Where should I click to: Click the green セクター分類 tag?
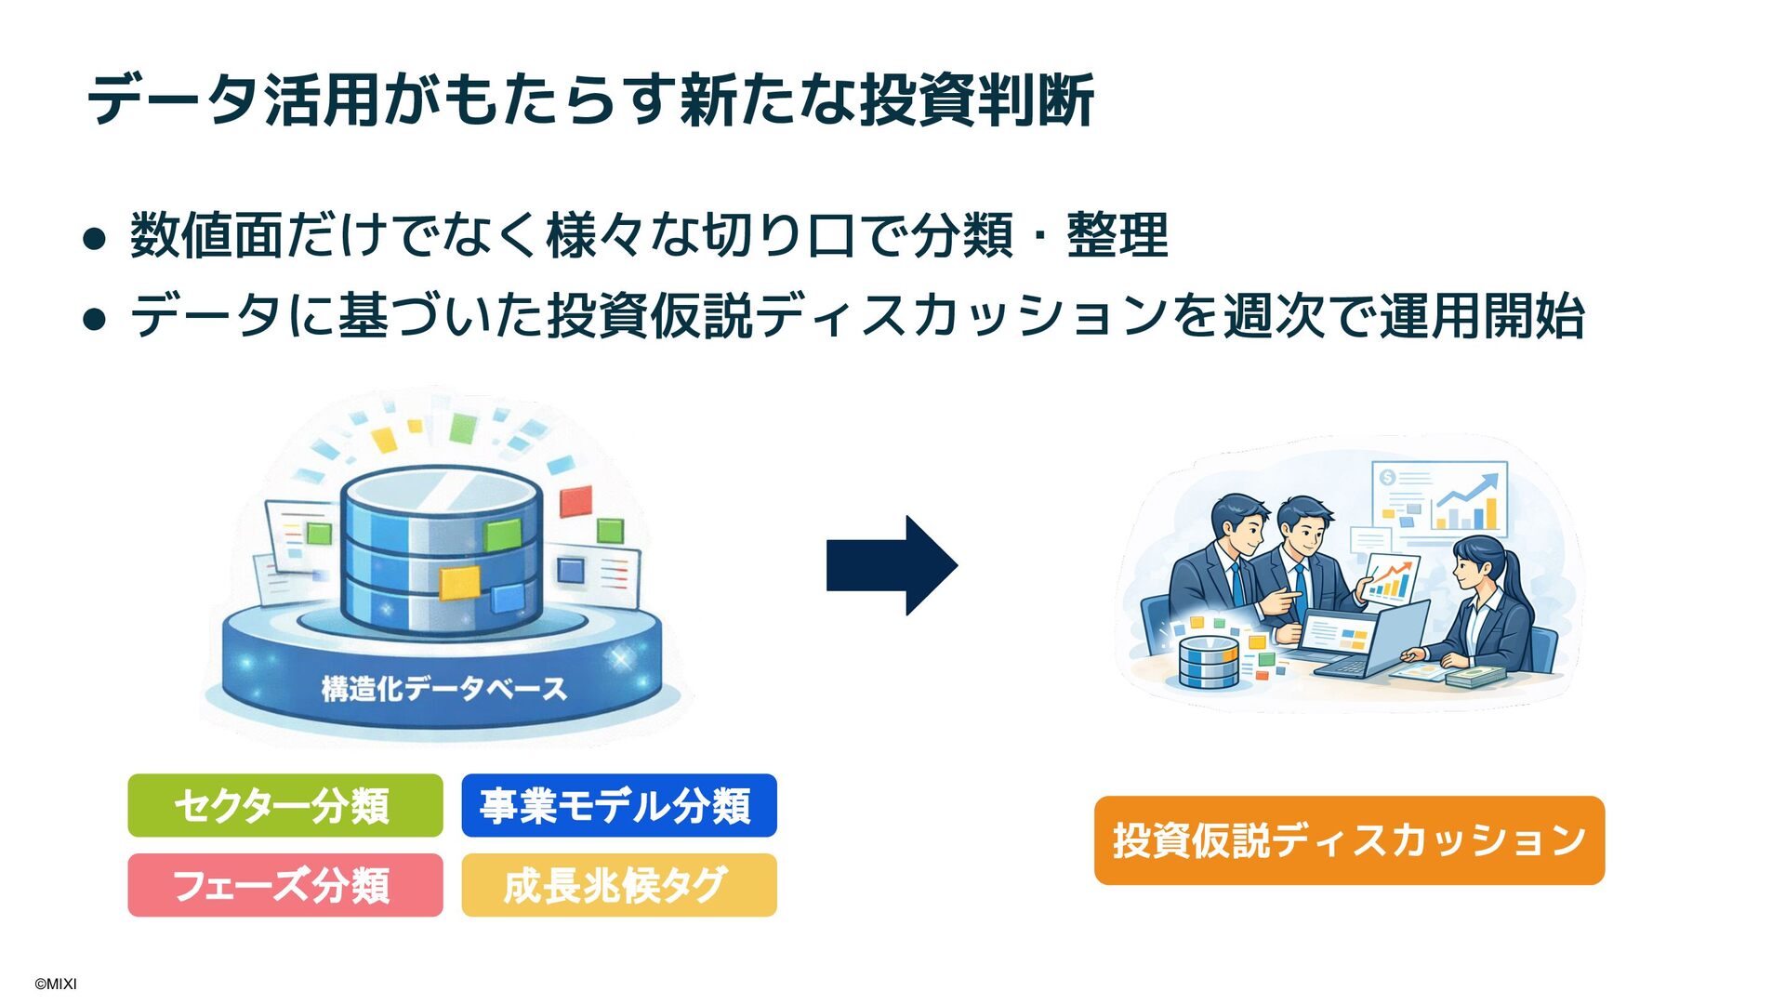point(284,805)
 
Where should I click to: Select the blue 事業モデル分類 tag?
point(618,805)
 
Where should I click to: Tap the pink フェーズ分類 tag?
point(284,885)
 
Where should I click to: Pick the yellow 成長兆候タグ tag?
point(618,885)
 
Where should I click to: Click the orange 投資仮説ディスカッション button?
point(1349,840)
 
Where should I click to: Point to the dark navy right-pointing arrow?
point(891,565)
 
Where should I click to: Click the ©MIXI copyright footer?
point(56,984)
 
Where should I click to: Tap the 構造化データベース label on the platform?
point(443,689)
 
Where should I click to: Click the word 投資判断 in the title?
point(976,99)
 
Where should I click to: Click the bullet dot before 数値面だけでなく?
point(94,239)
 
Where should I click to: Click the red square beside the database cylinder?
point(575,502)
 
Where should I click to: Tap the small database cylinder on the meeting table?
point(1209,662)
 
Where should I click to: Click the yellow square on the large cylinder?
point(459,583)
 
